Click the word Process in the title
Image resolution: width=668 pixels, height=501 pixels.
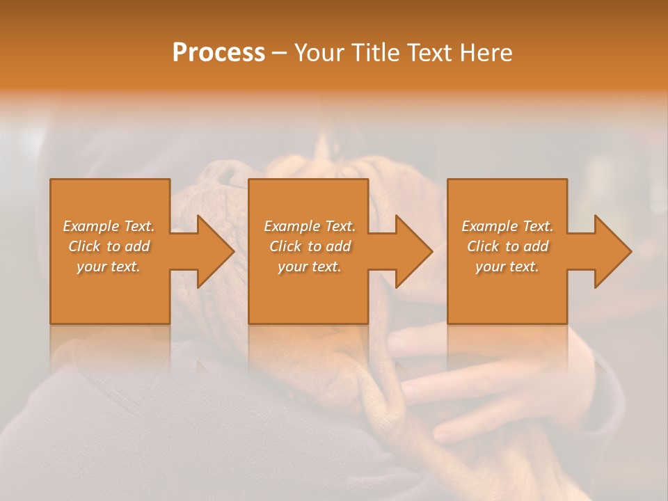click(x=218, y=53)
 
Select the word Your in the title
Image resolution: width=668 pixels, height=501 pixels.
click(x=316, y=53)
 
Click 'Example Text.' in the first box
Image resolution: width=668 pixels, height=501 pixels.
click(x=109, y=226)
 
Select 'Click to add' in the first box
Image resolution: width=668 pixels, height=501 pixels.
click(x=109, y=246)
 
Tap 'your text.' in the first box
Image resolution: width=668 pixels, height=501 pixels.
click(x=109, y=267)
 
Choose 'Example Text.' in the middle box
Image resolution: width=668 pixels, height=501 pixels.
click(x=310, y=226)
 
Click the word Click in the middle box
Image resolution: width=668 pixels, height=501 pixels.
click(x=285, y=246)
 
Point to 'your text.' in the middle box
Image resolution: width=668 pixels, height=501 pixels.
click(x=310, y=267)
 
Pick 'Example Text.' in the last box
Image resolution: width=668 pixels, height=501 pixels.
click(x=507, y=226)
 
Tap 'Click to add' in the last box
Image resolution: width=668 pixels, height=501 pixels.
click(x=507, y=246)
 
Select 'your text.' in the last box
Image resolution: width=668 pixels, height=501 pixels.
click(x=507, y=267)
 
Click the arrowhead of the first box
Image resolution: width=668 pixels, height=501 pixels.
click(x=212, y=252)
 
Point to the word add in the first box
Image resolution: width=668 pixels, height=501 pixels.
click(x=137, y=246)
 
